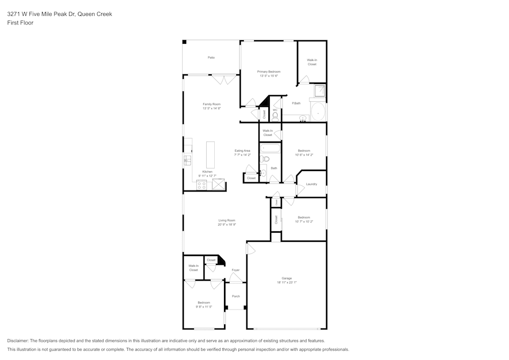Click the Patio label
point(211,58)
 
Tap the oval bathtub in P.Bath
point(318,111)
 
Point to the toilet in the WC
point(275,117)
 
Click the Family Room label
point(211,104)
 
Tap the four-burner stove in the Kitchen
point(201,185)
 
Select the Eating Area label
point(242,151)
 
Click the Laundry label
point(312,184)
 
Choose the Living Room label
point(227,220)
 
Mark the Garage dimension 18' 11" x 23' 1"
point(287,282)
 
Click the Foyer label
point(236,270)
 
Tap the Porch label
point(236,296)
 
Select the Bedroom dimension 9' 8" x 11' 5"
point(204,307)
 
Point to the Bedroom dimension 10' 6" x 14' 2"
point(304,155)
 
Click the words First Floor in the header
point(20,23)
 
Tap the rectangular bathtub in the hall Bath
point(270,149)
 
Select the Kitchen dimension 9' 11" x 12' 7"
point(207,176)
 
